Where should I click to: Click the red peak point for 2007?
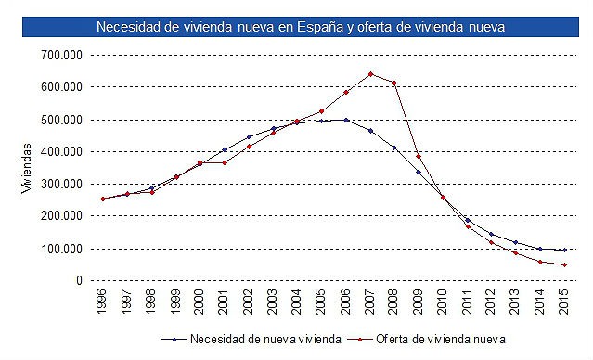tap(370, 74)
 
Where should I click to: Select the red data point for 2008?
tap(394, 83)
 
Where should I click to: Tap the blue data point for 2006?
tap(346, 120)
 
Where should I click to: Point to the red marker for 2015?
tap(564, 264)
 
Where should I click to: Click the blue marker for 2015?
tap(564, 250)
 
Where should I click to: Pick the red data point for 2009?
tap(419, 156)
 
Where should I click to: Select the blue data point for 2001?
tap(225, 149)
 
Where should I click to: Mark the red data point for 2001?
tap(225, 162)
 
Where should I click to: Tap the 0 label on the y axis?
tap(79, 280)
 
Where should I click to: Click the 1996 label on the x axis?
tap(103, 303)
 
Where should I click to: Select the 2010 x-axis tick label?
tap(443, 303)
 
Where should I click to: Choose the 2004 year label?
tap(297, 303)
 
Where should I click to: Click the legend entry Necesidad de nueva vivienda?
tap(254, 339)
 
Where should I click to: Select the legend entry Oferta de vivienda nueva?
tap(445, 339)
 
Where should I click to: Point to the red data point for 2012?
tap(492, 242)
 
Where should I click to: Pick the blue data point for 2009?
tap(419, 172)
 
